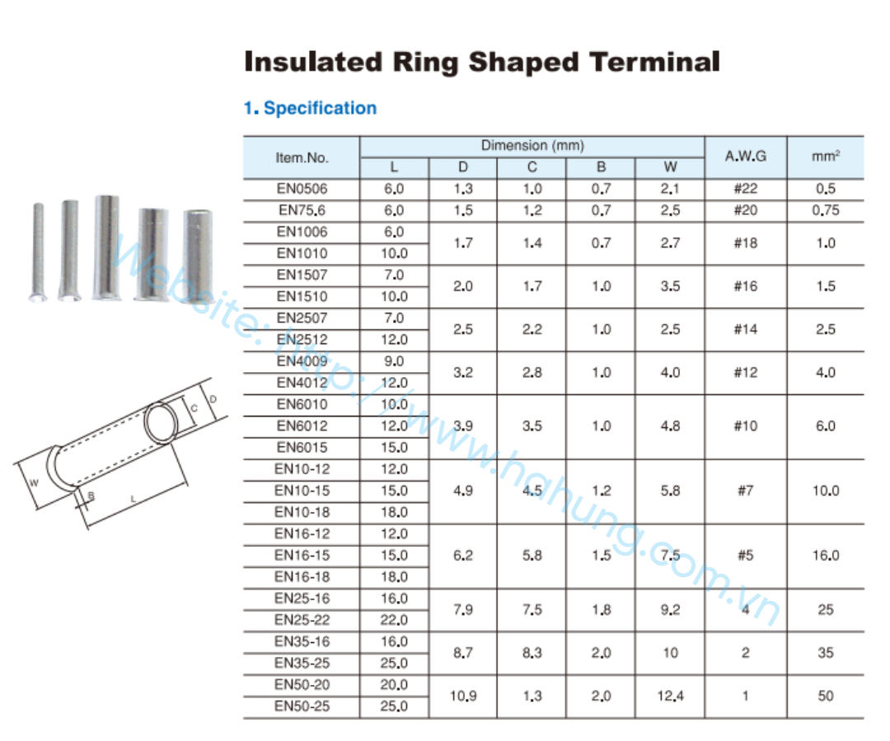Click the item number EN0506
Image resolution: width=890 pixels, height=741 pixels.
302,189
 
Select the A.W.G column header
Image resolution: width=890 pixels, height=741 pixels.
745,156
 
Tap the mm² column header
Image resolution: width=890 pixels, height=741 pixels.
825,156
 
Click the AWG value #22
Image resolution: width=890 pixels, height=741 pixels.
745,189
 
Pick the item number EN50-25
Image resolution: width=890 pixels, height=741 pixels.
302,706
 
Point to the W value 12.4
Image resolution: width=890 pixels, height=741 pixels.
670,696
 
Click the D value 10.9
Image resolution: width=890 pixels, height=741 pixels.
463,696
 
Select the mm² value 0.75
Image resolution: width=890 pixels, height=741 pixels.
825,210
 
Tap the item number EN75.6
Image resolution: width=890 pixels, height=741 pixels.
302,210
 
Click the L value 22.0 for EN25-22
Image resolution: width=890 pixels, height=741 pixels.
394,620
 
